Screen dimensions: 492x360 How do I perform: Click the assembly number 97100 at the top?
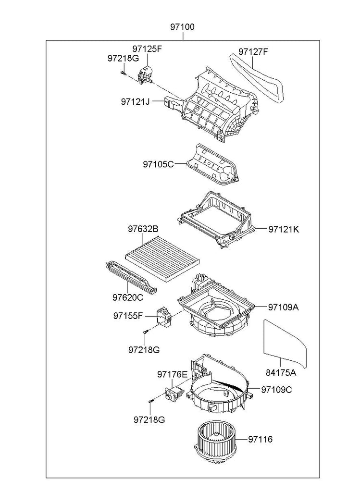tap(182, 27)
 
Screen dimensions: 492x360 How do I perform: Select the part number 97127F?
tap(253, 51)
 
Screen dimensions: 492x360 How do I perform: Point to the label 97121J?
tap(136, 101)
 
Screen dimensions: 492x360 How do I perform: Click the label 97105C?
tap(158, 164)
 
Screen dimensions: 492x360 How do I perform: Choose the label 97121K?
tap(284, 230)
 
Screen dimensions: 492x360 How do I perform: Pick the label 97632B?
tap(143, 230)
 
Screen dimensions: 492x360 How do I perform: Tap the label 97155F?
tap(128, 316)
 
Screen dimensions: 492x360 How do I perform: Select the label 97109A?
tap(284, 307)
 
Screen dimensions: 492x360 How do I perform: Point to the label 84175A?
tap(281, 372)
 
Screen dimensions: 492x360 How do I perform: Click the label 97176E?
tap(172, 374)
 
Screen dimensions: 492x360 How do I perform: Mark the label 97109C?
tap(276, 390)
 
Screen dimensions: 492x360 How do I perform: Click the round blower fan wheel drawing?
tap(216, 441)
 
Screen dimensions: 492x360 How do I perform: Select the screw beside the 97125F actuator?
tap(123, 73)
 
